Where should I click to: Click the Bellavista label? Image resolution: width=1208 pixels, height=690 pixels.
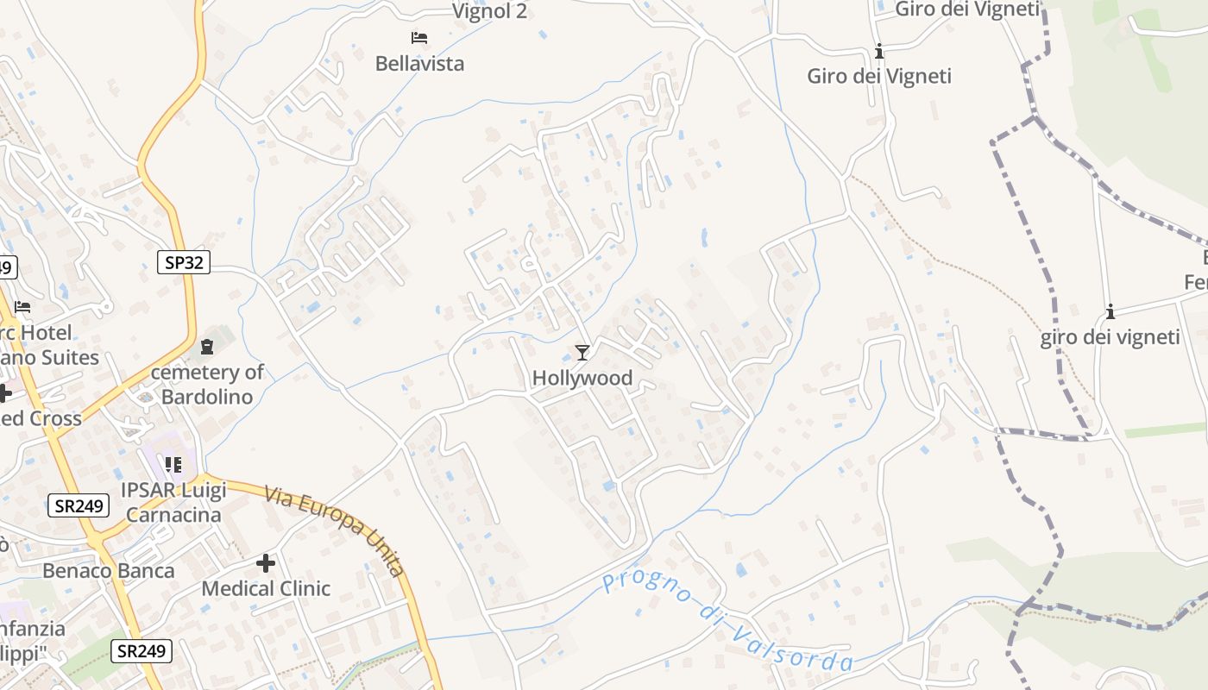tap(419, 63)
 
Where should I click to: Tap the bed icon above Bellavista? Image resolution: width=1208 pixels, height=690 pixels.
tap(419, 38)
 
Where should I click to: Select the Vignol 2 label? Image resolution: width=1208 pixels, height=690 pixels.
tap(489, 10)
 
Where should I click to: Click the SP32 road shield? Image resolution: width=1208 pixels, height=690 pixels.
tap(184, 262)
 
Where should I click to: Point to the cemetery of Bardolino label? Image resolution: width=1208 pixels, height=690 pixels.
tap(207, 385)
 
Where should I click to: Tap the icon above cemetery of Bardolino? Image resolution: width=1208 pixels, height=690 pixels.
tap(207, 347)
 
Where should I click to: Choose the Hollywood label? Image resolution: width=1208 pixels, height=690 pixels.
tap(582, 378)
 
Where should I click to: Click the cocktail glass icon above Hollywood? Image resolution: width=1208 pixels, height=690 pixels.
tap(582, 352)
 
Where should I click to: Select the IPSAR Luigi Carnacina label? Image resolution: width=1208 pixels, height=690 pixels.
tap(173, 503)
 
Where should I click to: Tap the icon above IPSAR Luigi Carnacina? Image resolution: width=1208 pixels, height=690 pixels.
tap(173, 465)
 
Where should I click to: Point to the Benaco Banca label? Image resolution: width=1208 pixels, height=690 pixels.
tap(109, 570)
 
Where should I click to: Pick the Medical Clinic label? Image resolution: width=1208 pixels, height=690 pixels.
tap(266, 588)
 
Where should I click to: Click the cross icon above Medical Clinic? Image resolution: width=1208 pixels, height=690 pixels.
tap(266, 563)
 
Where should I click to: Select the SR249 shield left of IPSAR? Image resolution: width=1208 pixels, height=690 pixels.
tap(79, 505)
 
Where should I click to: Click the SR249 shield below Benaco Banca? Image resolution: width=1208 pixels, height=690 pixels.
tap(141, 650)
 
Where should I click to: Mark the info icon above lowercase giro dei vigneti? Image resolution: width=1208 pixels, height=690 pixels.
tap(1110, 311)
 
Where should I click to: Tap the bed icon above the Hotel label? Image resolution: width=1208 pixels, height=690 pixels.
tap(22, 307)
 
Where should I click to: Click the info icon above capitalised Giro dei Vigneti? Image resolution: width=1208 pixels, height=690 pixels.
tap(879, 52)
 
